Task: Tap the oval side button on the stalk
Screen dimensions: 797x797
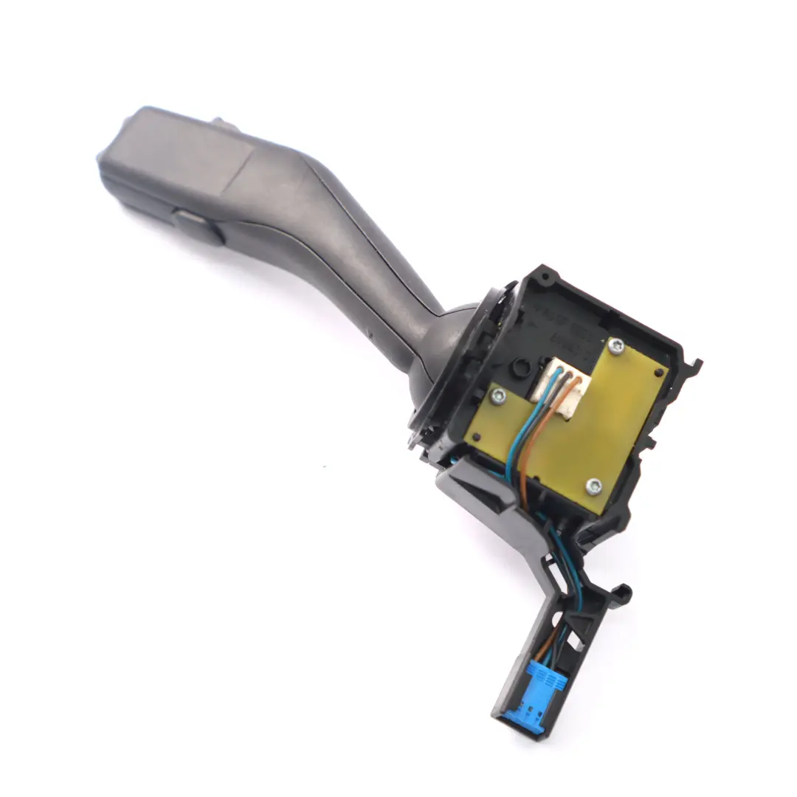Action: click(198, 226)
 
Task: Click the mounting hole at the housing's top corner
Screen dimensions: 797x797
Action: click(545, 279)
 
